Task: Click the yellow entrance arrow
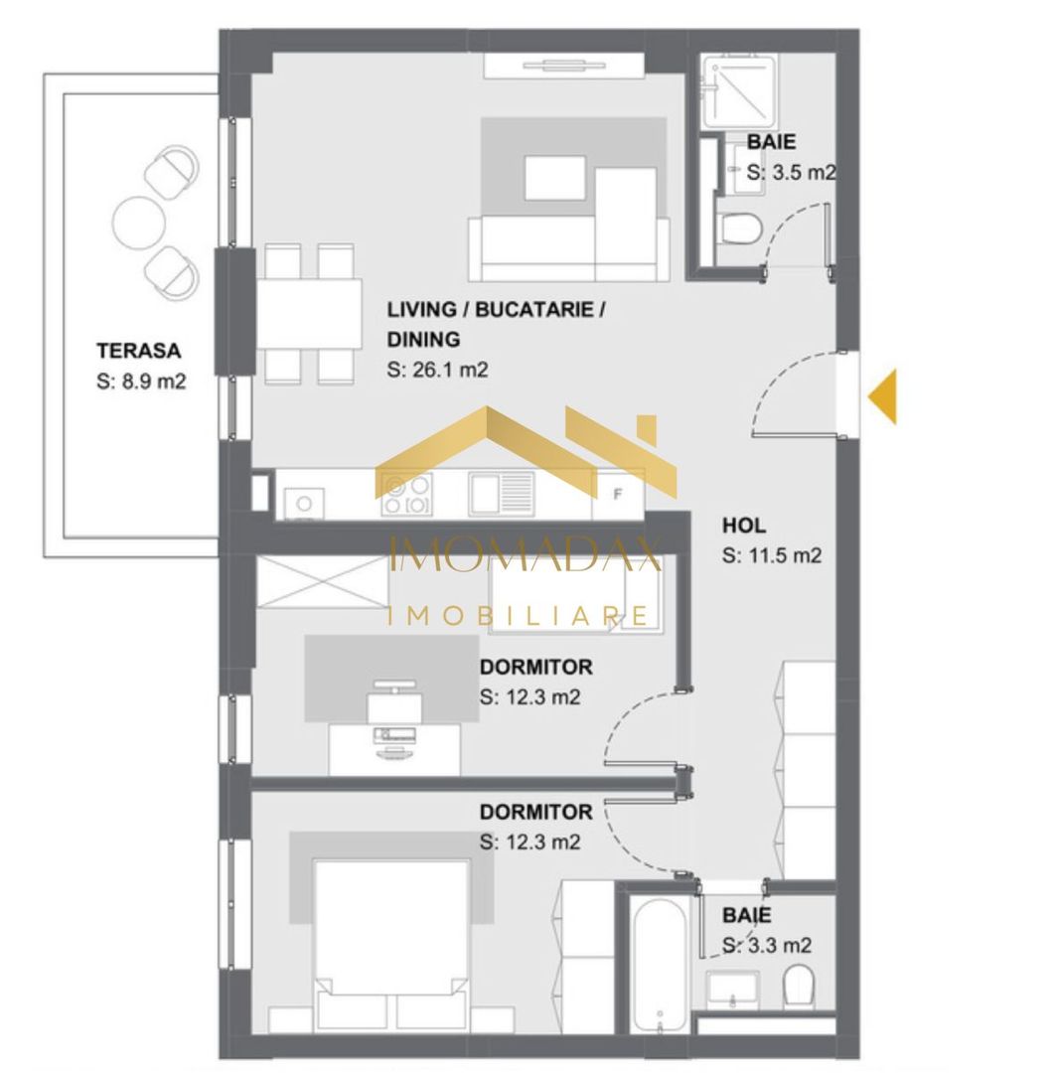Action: [884, 395]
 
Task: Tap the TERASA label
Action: [138, 351]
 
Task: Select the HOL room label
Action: [744, 526]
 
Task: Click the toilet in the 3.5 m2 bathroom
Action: [740, 228]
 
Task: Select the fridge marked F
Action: [617, 493]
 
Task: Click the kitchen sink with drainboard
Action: [502, 493]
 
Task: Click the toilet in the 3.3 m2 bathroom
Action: [799, 988]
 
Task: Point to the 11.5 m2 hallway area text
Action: [772, 556]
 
